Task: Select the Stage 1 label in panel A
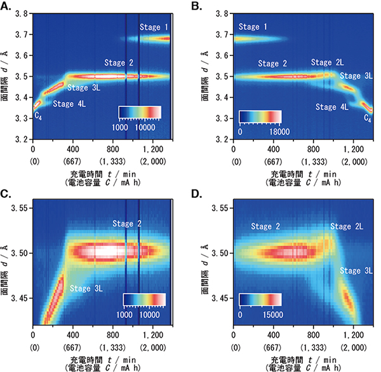point(155,27)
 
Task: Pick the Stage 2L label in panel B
point(328,62)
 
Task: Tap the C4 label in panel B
point(367,117)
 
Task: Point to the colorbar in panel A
point(140,112)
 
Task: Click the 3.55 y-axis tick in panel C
point(20,208)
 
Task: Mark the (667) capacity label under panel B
point(274,162)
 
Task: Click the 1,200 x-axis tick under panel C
point(154,334)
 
